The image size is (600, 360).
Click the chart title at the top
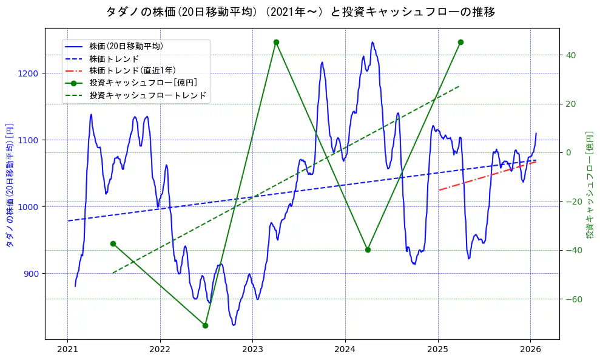pyautogui.click(x=300, y=12)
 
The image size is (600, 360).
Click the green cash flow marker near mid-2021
pyautogui.click(x=113, y=243)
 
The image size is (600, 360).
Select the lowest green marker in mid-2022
pyautogui.click(x=205, y=325)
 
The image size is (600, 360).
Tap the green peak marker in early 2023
pyautogui.click(x=276, y=42)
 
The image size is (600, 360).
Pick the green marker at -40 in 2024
pyautogui.click(x=368, y=250)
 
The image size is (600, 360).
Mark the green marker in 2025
pyautogui.click(x=460, y=42)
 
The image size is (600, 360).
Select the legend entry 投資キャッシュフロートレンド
pyautogui.click(x=147, y=95)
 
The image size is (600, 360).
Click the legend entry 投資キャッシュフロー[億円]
pyautogui.click(x=143, y=83)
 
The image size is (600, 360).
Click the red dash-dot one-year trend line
pyautogui.click(x=485, y=176)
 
